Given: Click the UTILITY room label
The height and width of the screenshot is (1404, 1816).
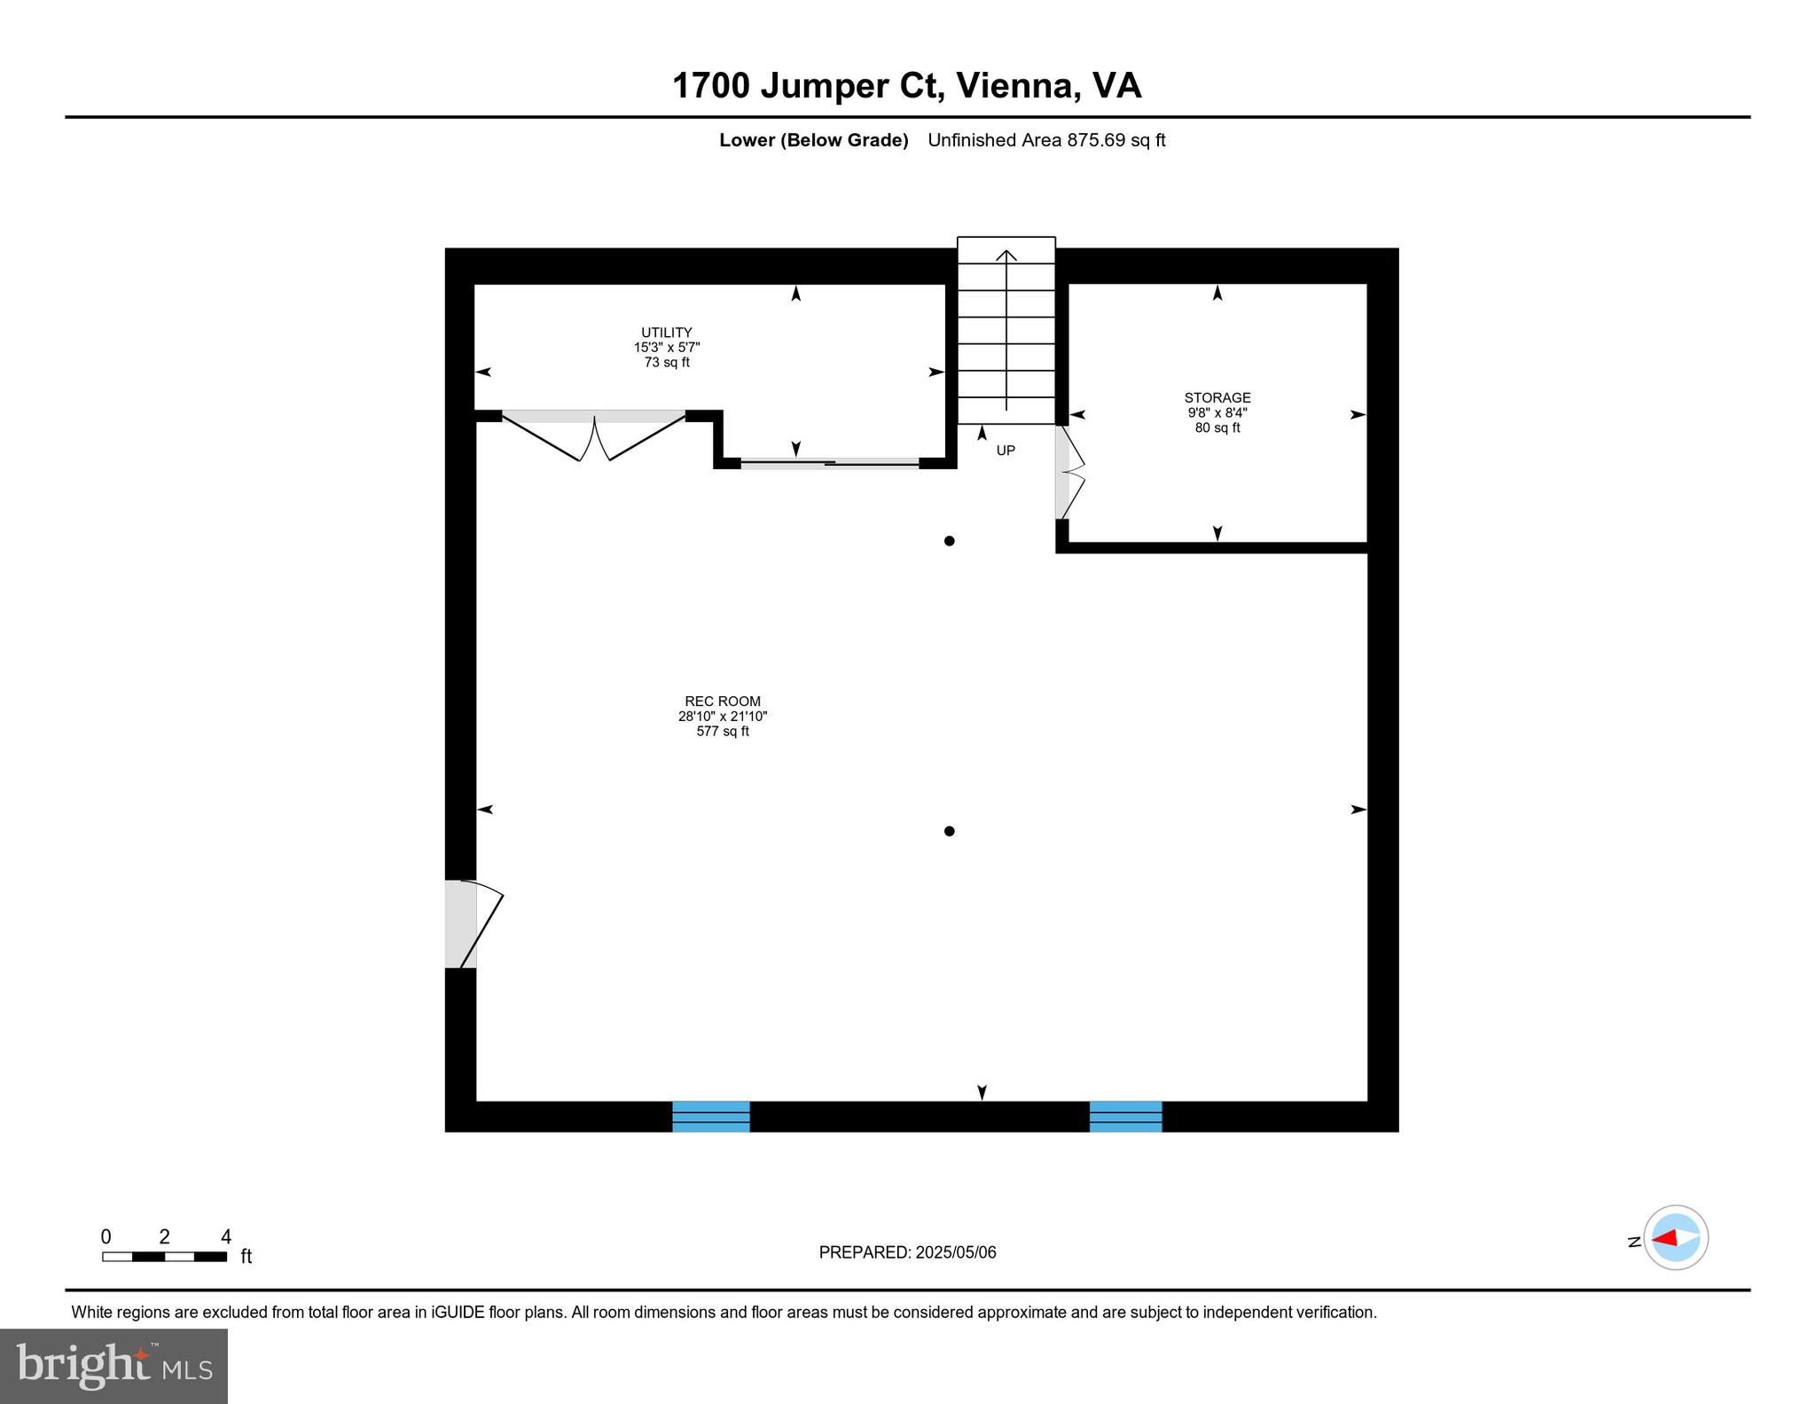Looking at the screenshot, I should [666, 333].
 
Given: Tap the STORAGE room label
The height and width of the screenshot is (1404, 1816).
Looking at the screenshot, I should [1217, 397].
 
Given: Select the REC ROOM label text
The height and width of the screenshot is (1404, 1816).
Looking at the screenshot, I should [722, 702].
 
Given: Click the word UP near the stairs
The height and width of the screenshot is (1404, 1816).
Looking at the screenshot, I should [1005, 451].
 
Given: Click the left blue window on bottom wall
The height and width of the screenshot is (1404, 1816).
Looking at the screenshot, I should [710, 1117].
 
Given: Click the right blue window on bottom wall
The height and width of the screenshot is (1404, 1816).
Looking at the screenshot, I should [1125, 1117].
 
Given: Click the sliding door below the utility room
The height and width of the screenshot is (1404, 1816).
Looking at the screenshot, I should [829, 463].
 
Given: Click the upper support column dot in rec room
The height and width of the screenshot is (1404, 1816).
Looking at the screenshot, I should [949, 541].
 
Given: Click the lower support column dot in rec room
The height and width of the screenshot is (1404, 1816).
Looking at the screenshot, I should [949, 831].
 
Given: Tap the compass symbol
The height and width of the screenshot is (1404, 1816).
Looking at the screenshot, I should [1675, 1237].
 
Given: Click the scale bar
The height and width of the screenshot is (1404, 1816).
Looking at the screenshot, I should [164, 1256].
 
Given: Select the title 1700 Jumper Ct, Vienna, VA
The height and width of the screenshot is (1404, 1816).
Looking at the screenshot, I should [906, 86].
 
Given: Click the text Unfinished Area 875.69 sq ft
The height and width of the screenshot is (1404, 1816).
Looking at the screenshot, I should [1045, 140].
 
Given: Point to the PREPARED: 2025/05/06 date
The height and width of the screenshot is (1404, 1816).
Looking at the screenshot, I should [907, 1252].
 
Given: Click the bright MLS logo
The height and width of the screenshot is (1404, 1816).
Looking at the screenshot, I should [113, 1366].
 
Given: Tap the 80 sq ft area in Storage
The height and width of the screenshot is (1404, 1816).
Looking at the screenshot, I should [1217, 428].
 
